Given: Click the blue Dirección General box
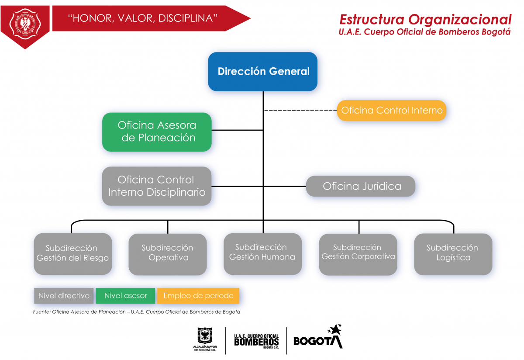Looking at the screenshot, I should [x=262, y=72].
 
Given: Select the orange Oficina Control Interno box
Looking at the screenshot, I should [x=392, y=111].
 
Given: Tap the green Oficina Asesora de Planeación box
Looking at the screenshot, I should [x=157, y=132].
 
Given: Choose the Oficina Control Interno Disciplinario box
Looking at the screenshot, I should [x=157, y=186].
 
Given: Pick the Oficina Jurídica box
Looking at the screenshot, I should [x=361, y=187].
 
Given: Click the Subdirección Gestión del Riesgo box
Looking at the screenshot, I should [x=72, y=254].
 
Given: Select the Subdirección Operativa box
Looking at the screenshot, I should [x=168, y=254].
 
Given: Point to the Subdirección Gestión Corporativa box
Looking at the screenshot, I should [x=358, y=254].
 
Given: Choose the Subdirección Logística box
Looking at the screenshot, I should [x=453, y=254].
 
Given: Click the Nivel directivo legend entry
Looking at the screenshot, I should [x=64, y=296].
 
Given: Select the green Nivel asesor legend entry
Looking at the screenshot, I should [x=125, y=296].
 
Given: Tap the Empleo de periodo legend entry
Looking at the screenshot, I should [x=198, y=296].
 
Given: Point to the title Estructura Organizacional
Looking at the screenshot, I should [x=425, y=19].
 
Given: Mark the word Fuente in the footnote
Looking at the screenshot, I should [x=41, y=312].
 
